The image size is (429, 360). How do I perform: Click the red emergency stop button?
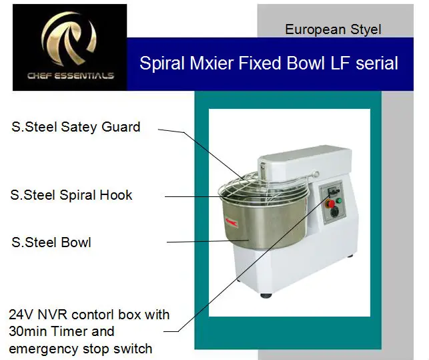331,204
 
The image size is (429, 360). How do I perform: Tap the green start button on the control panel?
339,200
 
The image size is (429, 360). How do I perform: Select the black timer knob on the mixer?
334,212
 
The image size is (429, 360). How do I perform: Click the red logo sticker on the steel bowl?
232,222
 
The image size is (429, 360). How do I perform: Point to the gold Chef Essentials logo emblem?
69,39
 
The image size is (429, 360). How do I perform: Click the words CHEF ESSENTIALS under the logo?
71,75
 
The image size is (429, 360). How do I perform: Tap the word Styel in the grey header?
366,29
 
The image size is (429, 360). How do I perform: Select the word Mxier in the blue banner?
212,63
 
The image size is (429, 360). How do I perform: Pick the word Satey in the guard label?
79,128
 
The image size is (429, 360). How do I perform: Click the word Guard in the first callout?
121,127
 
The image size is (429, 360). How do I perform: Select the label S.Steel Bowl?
51,242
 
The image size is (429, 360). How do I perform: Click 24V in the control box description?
21,315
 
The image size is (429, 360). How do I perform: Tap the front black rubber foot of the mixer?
266,296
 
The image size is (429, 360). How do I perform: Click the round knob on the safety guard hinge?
316,174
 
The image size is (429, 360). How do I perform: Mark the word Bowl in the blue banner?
306,63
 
